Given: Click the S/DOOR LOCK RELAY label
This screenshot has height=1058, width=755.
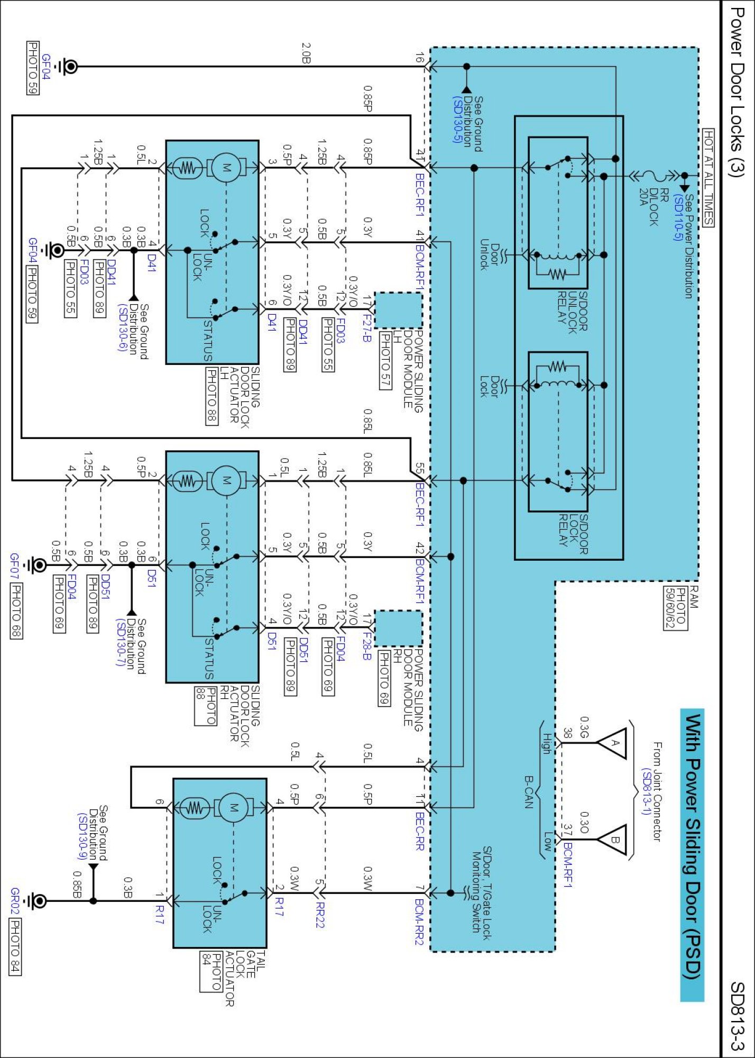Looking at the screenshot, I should [573, 534].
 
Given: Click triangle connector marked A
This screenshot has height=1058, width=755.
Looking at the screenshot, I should [613, 743].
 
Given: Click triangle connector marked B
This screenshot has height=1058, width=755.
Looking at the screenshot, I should [613, 840].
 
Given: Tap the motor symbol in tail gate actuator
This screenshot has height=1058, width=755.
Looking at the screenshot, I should [233, 808].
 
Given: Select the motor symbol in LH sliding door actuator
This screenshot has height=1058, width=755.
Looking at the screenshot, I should [226, 168].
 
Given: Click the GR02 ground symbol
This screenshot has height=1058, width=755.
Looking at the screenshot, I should [37, 900].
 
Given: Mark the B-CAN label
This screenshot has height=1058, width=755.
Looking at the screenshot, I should [529, 792].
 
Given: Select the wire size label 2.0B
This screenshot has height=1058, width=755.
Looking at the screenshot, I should [306, 53].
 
